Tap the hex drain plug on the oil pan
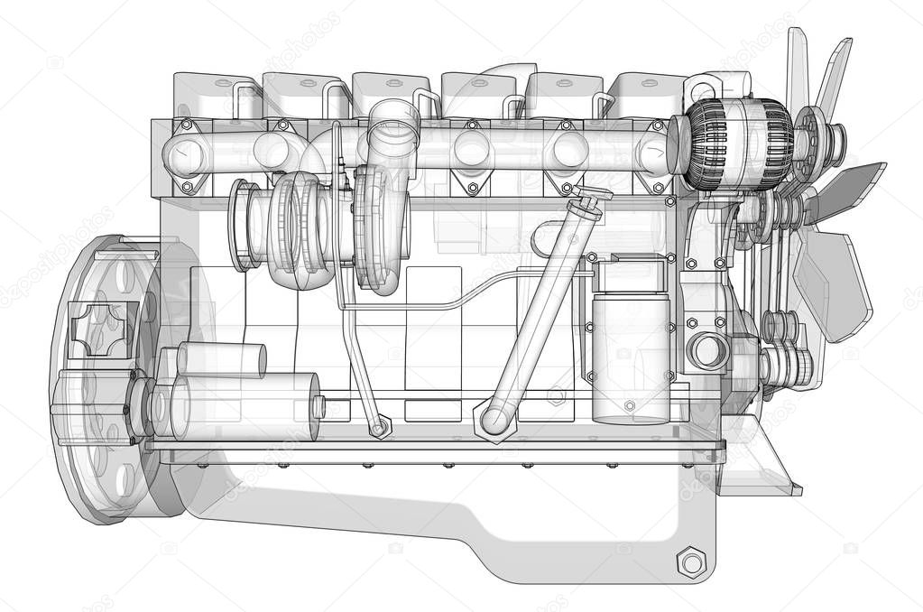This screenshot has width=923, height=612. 691,563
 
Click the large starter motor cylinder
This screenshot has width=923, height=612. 244,406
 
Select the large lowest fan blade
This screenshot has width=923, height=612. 835,280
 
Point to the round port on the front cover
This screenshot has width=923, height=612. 707,351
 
